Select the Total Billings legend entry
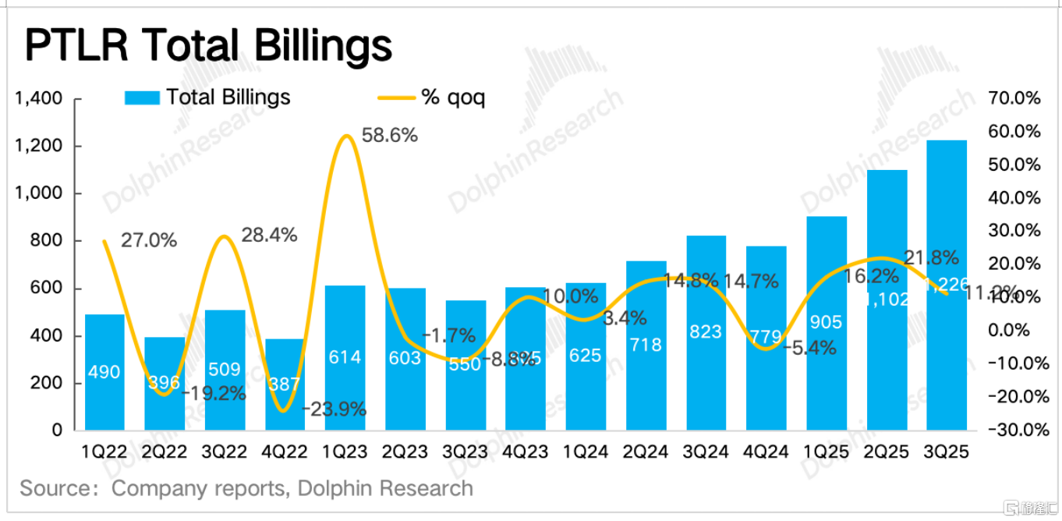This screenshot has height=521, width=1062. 208,97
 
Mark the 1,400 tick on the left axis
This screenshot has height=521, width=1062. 38,99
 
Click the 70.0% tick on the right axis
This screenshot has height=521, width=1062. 1014,99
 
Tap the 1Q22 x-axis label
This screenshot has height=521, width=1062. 105,452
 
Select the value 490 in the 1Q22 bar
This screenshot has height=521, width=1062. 104,372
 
